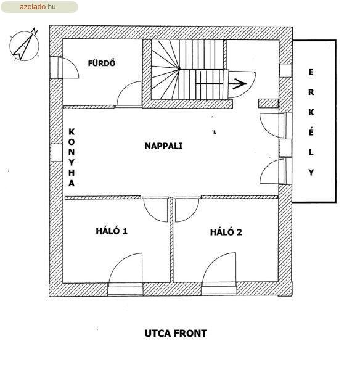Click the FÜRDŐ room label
102,63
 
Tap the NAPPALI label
163,146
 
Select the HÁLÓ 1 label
112,231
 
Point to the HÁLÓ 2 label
226,232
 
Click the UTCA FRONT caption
176,334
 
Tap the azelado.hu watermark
38,7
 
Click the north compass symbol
24,45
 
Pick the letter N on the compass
35,31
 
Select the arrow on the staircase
221,83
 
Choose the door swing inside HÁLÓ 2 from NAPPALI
187,209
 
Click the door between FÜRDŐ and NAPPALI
129,94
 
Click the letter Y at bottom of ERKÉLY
311,173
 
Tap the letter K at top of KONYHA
72,132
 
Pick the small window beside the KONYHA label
57,153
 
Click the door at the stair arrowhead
242,84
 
